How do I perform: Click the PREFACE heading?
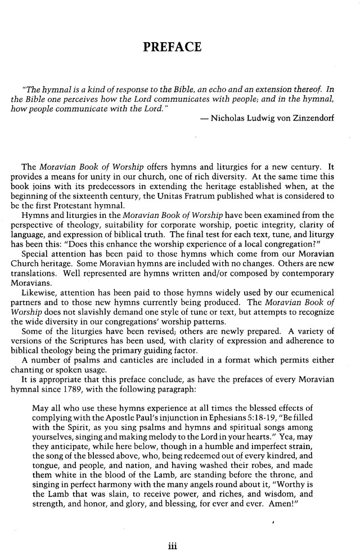pyautogui.click(x=172, y=47)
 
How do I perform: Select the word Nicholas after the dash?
pyautogui.click(x=227, y=119)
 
